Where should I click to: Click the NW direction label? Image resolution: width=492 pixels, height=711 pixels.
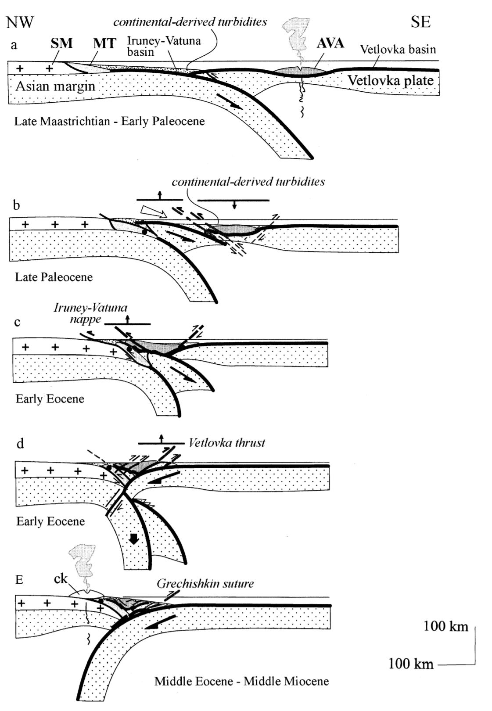point(20,22)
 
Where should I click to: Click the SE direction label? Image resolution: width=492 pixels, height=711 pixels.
point(420,22)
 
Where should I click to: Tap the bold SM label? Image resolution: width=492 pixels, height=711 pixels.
point(61,43)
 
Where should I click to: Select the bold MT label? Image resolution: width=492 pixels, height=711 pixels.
point(104,43)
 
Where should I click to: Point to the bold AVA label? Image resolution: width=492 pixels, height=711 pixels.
point(330,43)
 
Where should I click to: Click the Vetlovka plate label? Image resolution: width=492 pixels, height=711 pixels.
point(390,80)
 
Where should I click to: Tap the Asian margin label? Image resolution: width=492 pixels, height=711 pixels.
point(55,86)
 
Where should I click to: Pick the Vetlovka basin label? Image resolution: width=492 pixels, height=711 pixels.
point(398,50)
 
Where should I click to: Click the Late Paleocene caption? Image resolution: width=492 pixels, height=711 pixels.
point(54,277)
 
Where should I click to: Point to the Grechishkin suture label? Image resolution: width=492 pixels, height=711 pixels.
point(205,584)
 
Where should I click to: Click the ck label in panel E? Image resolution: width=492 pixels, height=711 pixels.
point(61,579)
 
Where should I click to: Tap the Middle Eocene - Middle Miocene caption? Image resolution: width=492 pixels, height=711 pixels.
point(241,681)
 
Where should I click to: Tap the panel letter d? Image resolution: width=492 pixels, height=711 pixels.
point(20,443)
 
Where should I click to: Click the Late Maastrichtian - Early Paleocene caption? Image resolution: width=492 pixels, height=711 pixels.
point(109,121)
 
